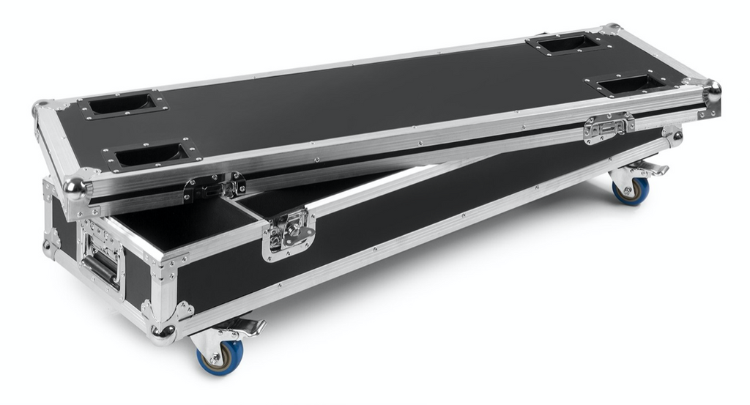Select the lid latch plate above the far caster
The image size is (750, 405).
click(x=608, y=127)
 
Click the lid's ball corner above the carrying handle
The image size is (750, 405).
click(x=76, y=190)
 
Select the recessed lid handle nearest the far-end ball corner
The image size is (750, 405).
click(x=626, y=83)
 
